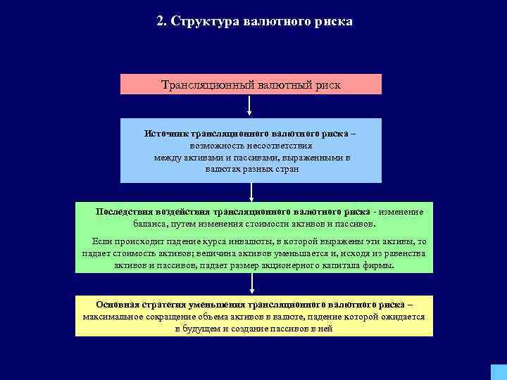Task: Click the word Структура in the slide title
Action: (208, 21)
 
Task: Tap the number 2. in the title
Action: (162, 21)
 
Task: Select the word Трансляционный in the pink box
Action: (201, 84)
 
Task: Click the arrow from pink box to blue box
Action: (250, 106)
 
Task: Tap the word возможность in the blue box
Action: (213, 146)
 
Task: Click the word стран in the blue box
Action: (288, 170)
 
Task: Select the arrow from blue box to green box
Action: (251, 192)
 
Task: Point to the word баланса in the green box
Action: (151, 224)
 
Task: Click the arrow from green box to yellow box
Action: (252, 284)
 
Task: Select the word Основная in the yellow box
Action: (117, 305)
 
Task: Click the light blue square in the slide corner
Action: (498, 372)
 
